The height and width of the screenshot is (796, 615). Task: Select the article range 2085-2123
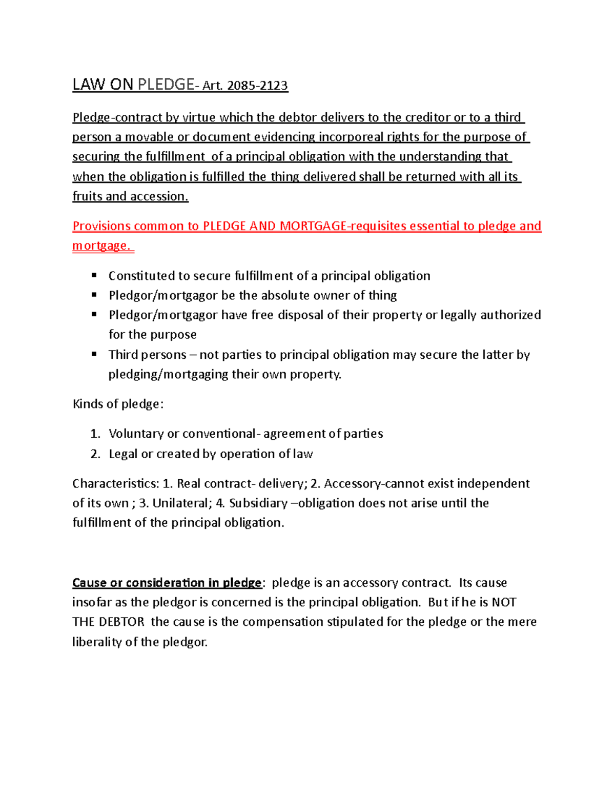pos(257,86)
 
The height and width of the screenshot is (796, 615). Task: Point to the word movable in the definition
pos(149,137)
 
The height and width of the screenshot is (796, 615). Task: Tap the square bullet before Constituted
pos(94,275)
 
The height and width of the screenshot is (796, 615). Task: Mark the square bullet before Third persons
pos(94,354)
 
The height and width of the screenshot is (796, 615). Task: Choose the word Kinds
pos(88,404)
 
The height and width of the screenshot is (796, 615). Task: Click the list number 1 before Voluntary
pos(95,434)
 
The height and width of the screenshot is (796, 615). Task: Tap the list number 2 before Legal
pos(95,454)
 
